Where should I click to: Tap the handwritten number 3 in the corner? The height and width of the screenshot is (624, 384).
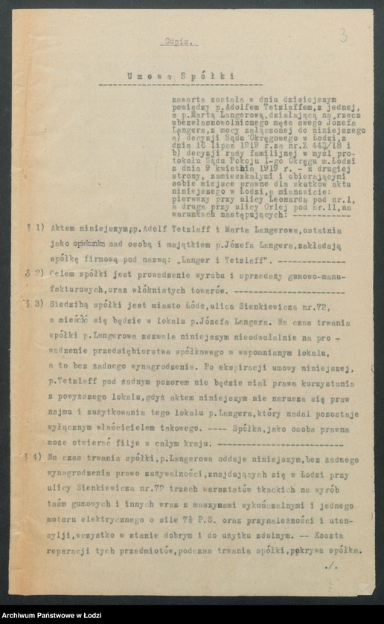tap(343, 34)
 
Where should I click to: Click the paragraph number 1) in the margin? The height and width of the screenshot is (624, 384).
tap(41, 230)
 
